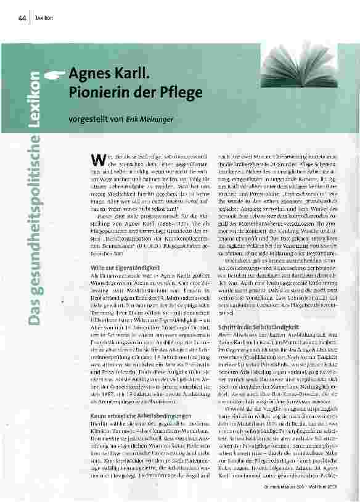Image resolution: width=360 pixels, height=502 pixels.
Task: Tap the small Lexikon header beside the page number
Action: tap(44, 17)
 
